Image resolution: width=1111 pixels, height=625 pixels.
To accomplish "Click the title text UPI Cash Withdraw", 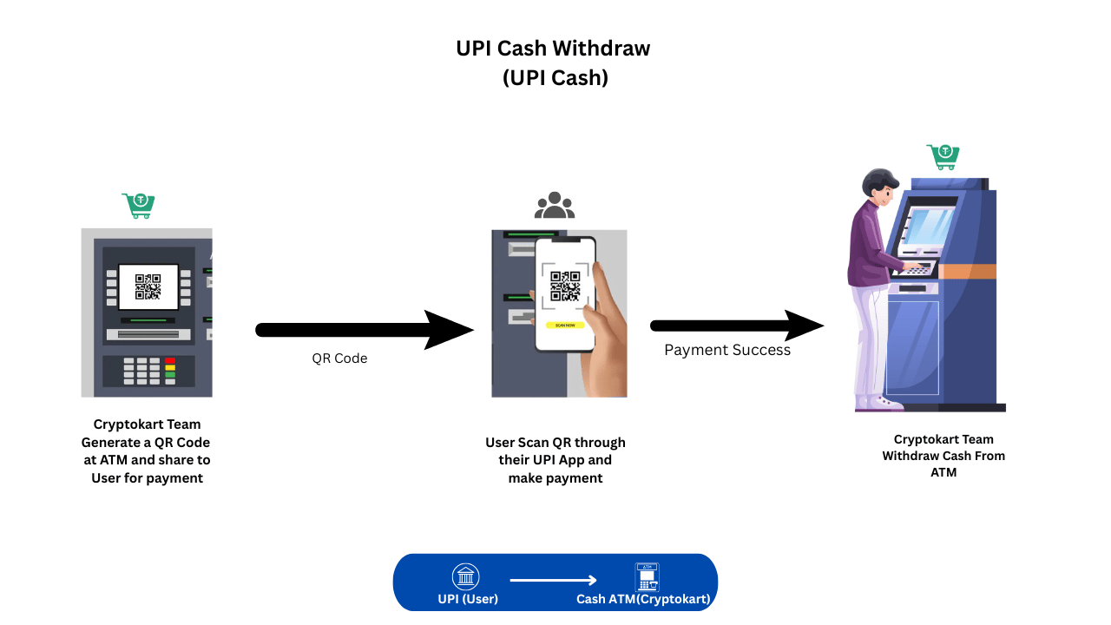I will (553, 49).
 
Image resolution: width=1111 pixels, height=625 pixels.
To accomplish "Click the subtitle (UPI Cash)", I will (555, 77).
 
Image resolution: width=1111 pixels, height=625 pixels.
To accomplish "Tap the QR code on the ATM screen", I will (148, 286).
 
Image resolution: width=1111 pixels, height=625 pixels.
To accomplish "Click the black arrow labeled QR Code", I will (364, 330).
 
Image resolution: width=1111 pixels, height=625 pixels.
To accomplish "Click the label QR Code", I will (339, 359).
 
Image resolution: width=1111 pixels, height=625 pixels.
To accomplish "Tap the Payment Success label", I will (727, 350).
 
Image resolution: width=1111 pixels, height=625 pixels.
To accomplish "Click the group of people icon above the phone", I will (555, 206).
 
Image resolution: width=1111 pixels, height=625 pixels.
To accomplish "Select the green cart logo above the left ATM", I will (139, 206).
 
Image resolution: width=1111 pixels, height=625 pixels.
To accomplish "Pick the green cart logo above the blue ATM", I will (943, 156).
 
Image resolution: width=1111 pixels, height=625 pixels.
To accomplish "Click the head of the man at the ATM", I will (878, 186).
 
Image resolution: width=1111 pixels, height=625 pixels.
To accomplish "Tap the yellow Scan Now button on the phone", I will (565, 325).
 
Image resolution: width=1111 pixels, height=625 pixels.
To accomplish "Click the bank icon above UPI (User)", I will (466, 577).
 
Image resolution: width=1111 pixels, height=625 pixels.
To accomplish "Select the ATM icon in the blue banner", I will (647, 576).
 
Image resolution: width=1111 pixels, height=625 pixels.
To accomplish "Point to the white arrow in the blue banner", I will (553, 581).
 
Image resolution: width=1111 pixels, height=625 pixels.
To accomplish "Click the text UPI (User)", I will (468, 599).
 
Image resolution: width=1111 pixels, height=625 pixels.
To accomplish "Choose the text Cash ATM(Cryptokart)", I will (644, 599).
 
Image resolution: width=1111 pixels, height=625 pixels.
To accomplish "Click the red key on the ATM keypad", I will (170, 360).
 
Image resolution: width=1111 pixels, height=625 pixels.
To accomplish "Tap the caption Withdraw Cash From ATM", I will (943, 456).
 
